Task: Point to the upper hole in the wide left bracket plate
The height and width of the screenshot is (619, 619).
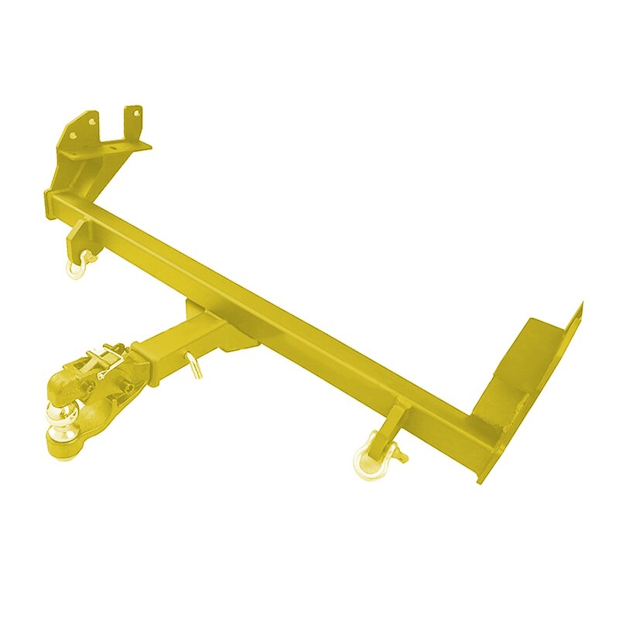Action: tap(91, 121)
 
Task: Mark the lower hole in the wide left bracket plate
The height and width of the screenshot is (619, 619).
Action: tap(74, 136)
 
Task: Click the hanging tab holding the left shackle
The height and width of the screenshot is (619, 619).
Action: tap(78, 233)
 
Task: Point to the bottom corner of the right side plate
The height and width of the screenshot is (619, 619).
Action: tap(482, 479)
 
